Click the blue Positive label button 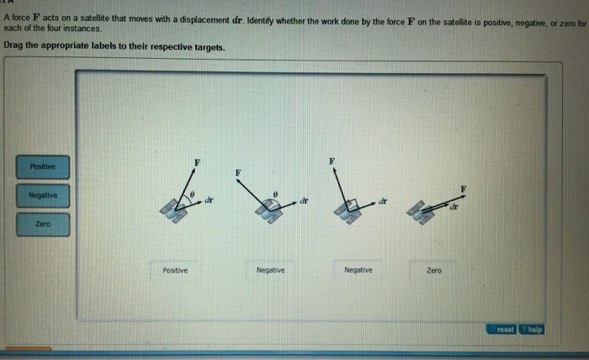point(42,167)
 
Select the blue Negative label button point(42,195)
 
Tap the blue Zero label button point(42,225)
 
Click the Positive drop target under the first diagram point(175,270)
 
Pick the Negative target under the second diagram point(270,270)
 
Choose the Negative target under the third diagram point(358,270)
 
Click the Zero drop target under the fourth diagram point(434,270)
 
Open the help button point(532,329)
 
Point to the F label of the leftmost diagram point(197,160)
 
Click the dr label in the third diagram point(382,201)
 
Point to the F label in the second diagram point(238,172)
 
